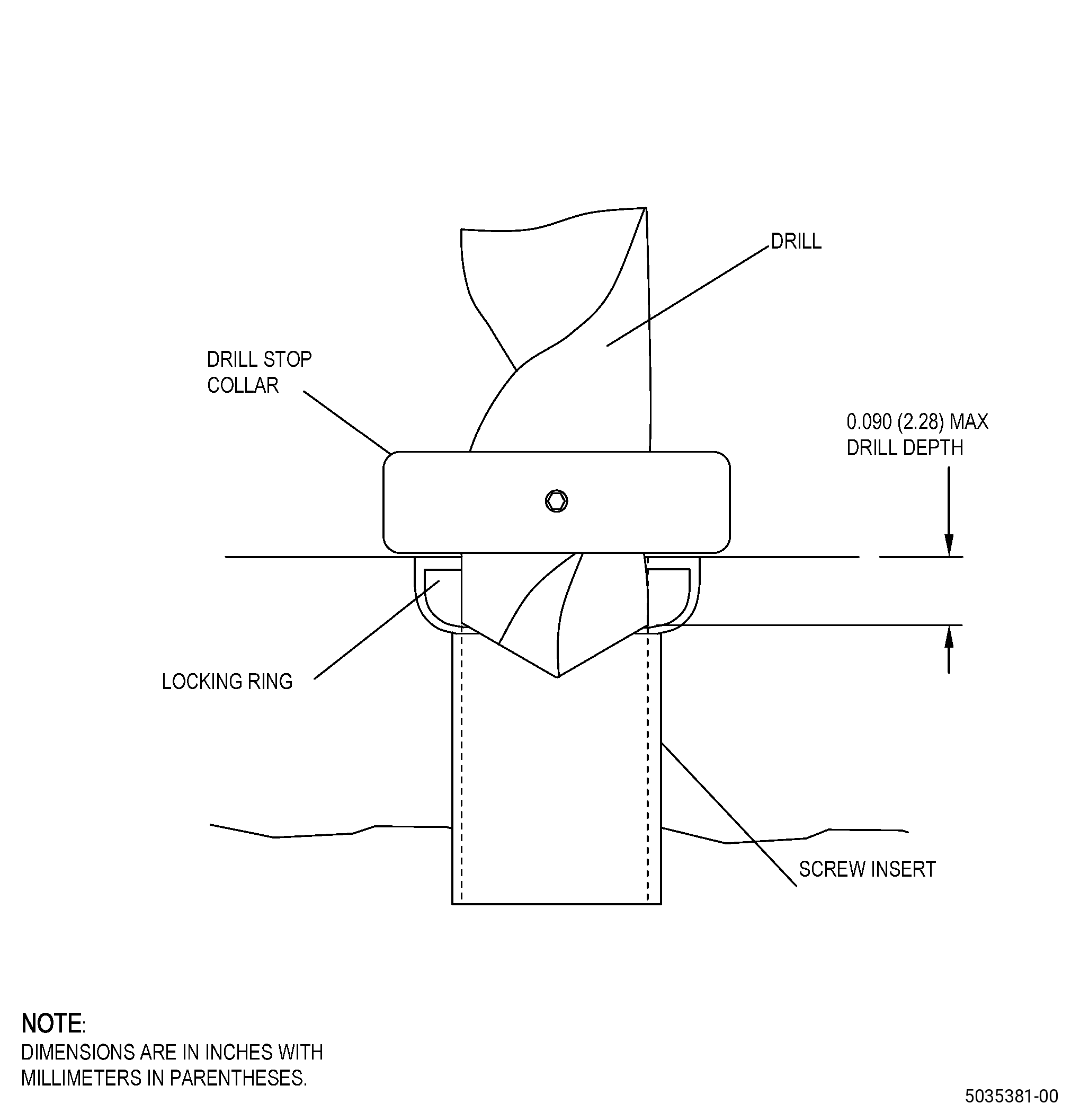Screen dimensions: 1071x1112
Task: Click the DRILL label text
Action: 796,242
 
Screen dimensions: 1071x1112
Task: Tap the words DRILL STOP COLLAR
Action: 259,372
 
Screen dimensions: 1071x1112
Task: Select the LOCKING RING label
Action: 227,682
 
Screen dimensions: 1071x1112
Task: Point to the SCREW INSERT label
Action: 867,869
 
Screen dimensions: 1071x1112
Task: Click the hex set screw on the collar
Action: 556,501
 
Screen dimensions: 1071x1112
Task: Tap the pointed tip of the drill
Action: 557,676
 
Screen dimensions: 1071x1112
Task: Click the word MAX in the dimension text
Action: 969,421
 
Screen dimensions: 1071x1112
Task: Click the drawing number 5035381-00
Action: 1012,1095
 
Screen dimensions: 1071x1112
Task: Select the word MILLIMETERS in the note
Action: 82,1078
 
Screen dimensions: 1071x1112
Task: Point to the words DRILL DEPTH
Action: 905,448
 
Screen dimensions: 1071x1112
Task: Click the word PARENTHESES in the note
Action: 238,1078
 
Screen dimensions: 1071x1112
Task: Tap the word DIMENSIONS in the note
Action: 78,1052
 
